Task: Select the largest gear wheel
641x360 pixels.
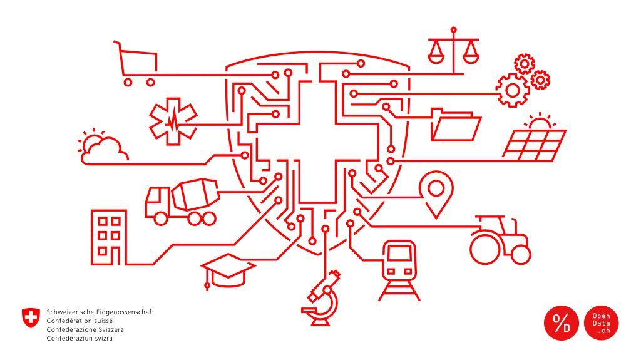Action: point(513,90)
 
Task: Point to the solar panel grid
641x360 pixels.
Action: point(535,146)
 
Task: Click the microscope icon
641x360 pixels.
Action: point(321,298)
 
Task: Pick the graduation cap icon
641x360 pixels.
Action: point(227,270)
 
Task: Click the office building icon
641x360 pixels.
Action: point(108,237)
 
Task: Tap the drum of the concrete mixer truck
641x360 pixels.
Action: point(195,195)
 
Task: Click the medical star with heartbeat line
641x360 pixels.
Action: point(173,121)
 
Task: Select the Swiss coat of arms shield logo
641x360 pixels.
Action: point(31,318)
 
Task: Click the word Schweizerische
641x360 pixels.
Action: point(68,312)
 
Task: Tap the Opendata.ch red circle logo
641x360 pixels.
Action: point(601,323)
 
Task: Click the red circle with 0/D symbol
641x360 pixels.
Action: point(562,323)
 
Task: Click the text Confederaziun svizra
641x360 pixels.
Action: point(79,338)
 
